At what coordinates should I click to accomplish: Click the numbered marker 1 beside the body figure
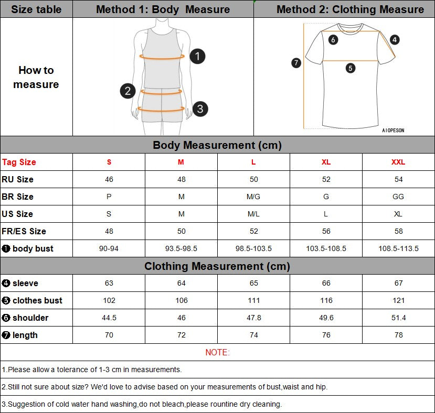[x=197, y=56]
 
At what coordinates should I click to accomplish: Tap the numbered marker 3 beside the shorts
[x=200, y=109]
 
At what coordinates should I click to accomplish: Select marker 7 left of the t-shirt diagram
[x=296, y=63]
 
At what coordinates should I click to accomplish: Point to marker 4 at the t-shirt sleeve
[x=395, y=39]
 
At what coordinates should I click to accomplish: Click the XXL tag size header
[x=398, y=162]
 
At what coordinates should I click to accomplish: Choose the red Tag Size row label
[x=19, y=162]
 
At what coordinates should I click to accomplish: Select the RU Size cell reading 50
[x=253, y=179]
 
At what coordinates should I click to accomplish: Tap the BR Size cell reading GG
[x=398, y=197]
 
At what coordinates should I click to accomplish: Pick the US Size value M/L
[x=253, y=214]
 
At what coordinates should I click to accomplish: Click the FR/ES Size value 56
[x=326, y=231]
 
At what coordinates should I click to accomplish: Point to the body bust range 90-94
[x=109, y=248]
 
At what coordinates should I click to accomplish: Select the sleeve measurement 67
[x=398, y=283]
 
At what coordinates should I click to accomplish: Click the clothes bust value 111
[x=253, y=300]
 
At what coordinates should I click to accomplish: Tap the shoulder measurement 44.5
[x=109, y=318]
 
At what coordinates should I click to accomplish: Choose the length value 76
[x=326, y=335]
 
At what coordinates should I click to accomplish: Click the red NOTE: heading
[x=217, y=352]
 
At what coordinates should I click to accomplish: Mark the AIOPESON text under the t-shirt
[x=393, y=131]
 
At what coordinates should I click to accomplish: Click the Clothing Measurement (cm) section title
[x=217, y=266]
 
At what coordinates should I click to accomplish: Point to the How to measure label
[x=36, y=77]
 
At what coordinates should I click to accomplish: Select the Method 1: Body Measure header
[x=163, y=9]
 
